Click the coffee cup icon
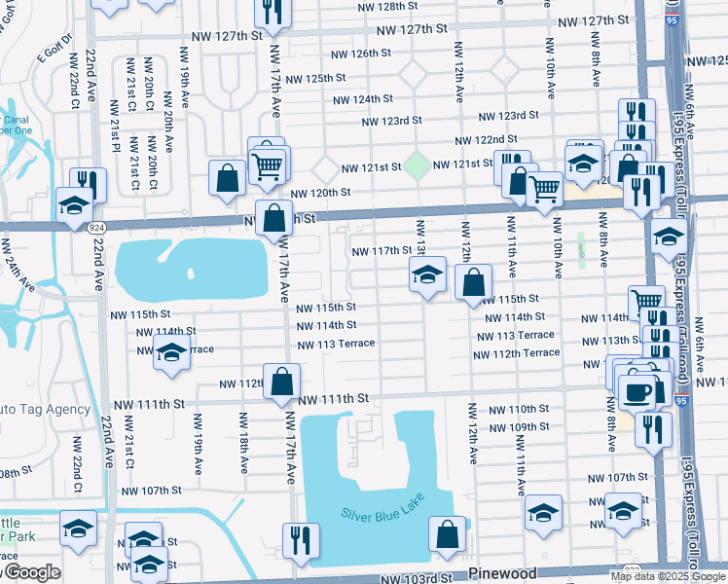pos(637,391)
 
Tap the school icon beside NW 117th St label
pos(426,276)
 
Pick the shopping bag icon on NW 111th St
pos(281,384)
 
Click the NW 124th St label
pos(362,99)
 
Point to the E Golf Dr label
pos(56,57)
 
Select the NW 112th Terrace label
pos(518,353)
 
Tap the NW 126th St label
pos(360,54)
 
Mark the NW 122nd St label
pos(476,140)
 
